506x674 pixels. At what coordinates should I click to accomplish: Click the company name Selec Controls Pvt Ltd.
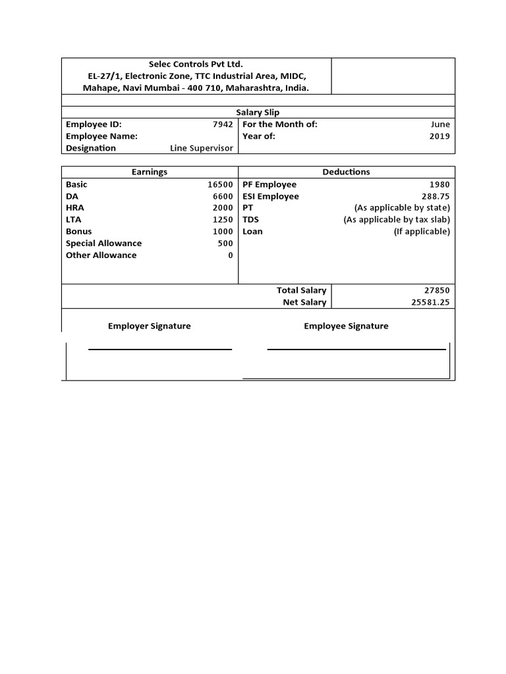196,64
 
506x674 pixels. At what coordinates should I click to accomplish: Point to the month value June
440,124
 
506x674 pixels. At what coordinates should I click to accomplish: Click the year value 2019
439,136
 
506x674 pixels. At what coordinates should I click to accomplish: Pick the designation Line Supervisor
202,148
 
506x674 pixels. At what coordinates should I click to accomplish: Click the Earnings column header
150,172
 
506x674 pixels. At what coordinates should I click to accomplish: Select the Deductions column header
346,172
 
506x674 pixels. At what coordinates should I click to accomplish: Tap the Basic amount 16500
220,185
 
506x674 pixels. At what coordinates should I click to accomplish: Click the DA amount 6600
223,197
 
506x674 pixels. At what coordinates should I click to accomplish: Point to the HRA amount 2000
223,208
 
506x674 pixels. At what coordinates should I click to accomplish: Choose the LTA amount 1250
223,220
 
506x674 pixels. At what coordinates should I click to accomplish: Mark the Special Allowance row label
103,244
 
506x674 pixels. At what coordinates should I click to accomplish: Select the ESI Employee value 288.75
436,197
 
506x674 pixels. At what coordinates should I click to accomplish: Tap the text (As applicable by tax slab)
397,220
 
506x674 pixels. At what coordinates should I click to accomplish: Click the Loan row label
252,232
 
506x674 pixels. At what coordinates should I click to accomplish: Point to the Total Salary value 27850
437,290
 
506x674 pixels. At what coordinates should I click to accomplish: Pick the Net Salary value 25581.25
430,302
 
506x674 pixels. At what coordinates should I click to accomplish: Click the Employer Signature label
150,326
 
